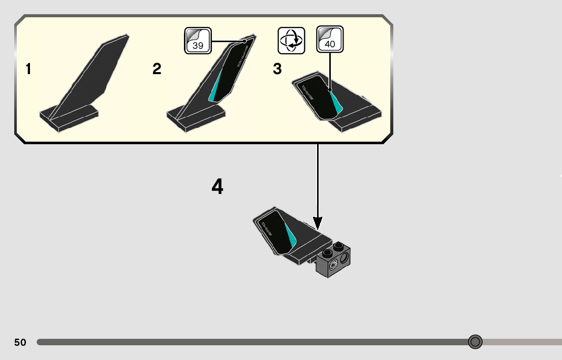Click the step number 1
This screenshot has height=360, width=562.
pyautogui.click(x=29, y=69)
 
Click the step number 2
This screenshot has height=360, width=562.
pyautogui.click(x=157, y=69)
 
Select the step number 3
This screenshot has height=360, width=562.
pyautogui.click(x=277, y=69)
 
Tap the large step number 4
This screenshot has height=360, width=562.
pyautogui.click(x=217, y=187)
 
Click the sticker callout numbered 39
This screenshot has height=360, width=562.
pyautogui.click(x=198, y=41)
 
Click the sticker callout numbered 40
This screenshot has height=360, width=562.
pyautogui.click(x=330, y=40)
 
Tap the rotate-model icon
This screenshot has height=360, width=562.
pyautogui.click(x=292, y=40)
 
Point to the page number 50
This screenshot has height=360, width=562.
pyautogui.click(x=20, y=342)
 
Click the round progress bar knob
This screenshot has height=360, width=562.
pyautogui.click(x=475, y=342)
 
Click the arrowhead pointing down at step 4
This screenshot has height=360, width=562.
pyautogui.click(x=318, y=223)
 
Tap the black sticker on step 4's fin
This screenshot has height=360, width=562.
pyautogui.click(x=274, y=232)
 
